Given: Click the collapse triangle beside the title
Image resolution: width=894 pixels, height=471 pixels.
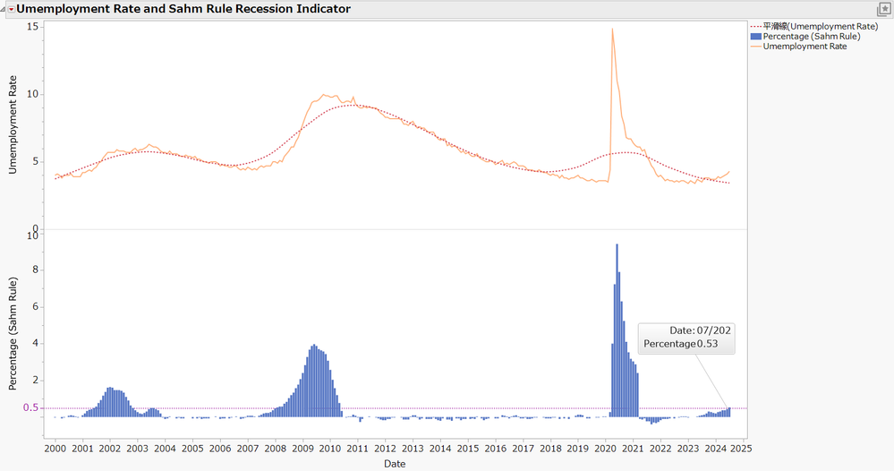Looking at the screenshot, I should pyautogui.click(x=11, y=9).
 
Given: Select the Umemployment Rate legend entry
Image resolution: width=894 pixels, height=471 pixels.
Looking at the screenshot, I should pyautogui.click(x=805, y=47).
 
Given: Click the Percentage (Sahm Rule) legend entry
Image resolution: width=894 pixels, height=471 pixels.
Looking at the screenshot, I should pyautogui.click(x=811, y=37).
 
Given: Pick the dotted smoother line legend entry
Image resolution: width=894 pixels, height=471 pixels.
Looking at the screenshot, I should pyautogui.click(x=820, y=27).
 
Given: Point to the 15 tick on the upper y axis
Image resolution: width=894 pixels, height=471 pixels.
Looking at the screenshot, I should pyautogui.click(x=32, y=27).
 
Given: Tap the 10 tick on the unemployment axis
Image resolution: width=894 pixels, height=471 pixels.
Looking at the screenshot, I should pyautogui.click(x=32, y=94).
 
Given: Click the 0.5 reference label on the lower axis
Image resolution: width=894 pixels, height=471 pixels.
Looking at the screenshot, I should pyautogui.click(x=30, y=408).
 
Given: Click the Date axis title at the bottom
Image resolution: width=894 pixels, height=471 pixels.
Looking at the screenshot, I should pyautogui.click(x=395, y=464).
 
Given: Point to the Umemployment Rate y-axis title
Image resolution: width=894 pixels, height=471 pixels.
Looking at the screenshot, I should pyautogui.click(x=13, y=125).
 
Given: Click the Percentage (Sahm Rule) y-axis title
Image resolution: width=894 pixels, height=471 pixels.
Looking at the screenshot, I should pyautogui.click(x=13, y=334).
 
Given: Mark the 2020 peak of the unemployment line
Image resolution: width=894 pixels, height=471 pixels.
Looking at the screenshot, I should pyautogui.click(x=612, y=30).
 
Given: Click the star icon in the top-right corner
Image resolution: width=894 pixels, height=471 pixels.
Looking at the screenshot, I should pyautogui.click(x=884, y=9).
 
